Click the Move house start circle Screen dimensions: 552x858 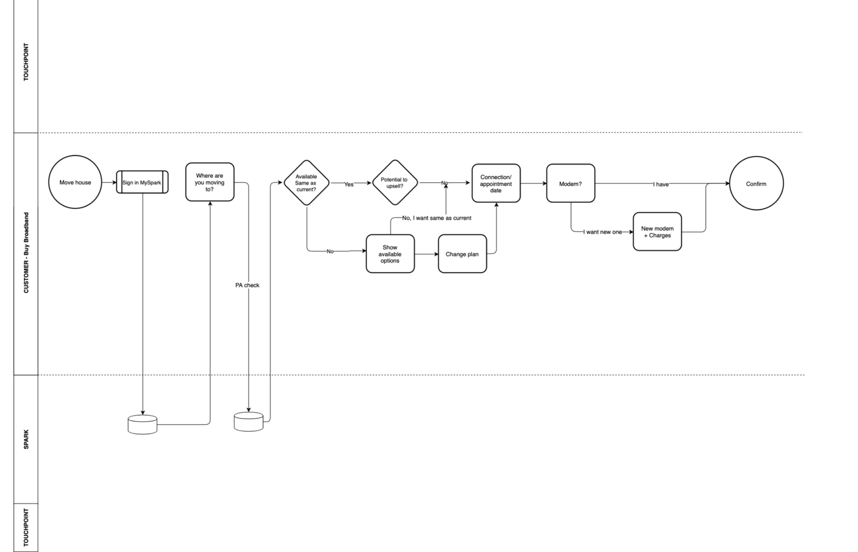[x=75, y=182]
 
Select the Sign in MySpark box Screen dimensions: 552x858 [x=142, y=182]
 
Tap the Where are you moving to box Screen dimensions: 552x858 [x=210, y=182]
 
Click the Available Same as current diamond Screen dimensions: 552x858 [x=306, y=183]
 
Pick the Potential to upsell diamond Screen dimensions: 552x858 [x=394, y=183]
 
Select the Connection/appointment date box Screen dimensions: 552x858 [x=496, y=183]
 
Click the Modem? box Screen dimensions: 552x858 [x=570, y=184]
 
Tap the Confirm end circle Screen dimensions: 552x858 [x=756, y=184]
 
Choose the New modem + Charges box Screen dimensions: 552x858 [x=657, y=232]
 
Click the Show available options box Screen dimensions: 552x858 [x=390, y=254]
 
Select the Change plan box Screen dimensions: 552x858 [x=462, y=254]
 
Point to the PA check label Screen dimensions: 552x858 [x=247, y=285]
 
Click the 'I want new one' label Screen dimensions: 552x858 [x=603, y=232]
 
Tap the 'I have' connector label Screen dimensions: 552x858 [x=661, y=184]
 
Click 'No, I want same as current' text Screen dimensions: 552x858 [x=437, y=218]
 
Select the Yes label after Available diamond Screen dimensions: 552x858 [x=349, y=184]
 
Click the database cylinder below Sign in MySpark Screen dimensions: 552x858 [x=142, y=425]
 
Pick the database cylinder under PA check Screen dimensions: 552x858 [x=248, y=422]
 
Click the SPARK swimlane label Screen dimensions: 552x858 [x=26, y=439]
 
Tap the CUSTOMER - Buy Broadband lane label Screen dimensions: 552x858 [x=26, y=253]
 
